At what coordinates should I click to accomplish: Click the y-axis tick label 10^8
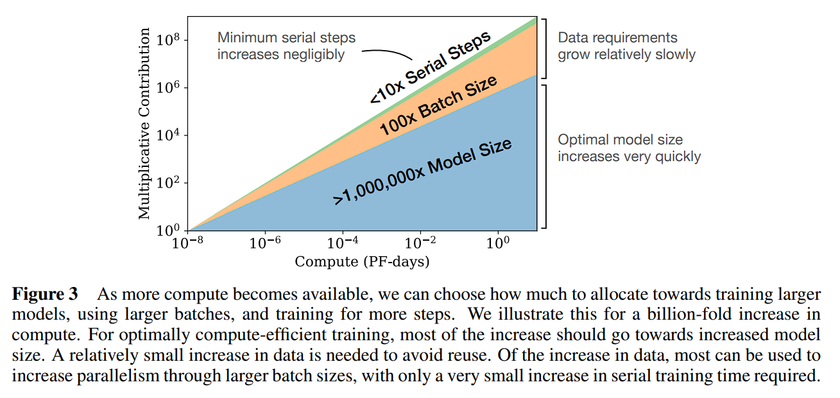point(168,40)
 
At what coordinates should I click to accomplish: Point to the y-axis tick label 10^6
point(168,88)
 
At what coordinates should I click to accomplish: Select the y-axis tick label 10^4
point(168,135)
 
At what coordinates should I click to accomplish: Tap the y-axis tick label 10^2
point(168,183)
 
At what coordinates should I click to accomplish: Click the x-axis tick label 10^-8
point(187,244)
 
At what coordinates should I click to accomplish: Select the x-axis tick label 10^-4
point(343,244)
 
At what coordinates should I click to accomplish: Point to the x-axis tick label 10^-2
point(420,244)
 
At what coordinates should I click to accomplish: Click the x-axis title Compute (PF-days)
point(362,262)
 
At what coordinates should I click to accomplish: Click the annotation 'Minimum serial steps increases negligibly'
point(286,46)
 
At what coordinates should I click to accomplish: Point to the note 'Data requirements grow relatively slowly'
point(626,46)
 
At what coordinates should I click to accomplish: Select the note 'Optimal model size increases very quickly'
point(628,148)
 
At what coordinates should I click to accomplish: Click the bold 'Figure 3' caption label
point(46,295)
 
